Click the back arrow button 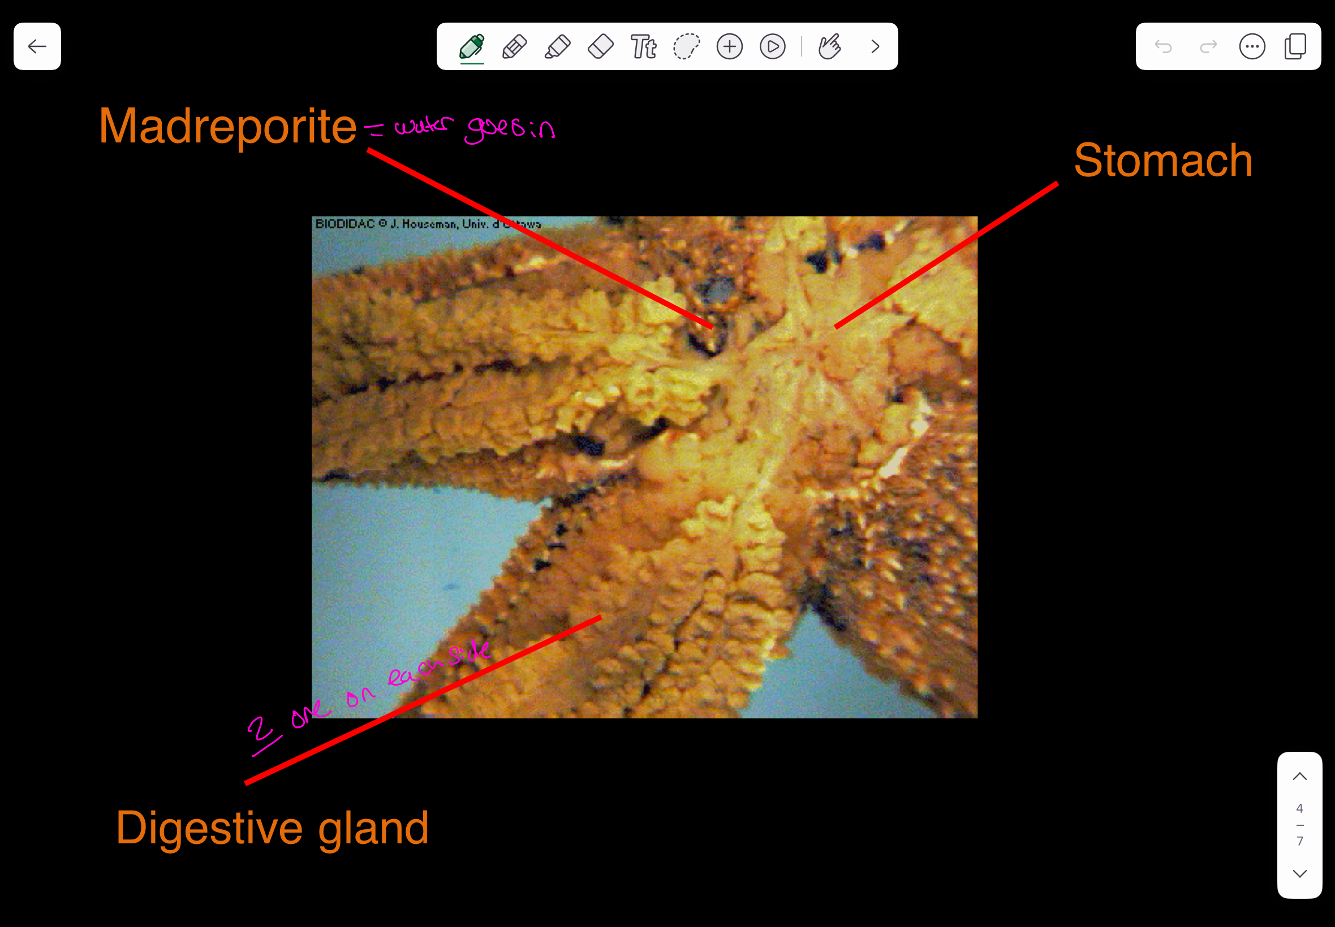click(x=37, y=46)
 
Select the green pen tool click(x=471, y=46)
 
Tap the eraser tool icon click(x=600, y=46)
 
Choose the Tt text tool click(x=643, y=46)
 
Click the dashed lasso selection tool click(x=686, y=46)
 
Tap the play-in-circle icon click(x=772, y=46)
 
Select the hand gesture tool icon click(x=829, y=46)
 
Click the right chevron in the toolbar click(x=875, y=46)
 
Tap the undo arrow click(x=1163, y=46)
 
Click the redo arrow click(x=1208, y=46)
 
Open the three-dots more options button click(x=1252, y=46)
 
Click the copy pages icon click(x=1295, y=46)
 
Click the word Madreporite click(x=227, y=126)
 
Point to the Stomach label click(x=1163, y=161)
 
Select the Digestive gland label click(x=272, y=828)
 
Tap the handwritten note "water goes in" click(x=473, y=127)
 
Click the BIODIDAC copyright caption click(x=427, y=224)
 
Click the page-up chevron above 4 click(x=1299, y=777)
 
